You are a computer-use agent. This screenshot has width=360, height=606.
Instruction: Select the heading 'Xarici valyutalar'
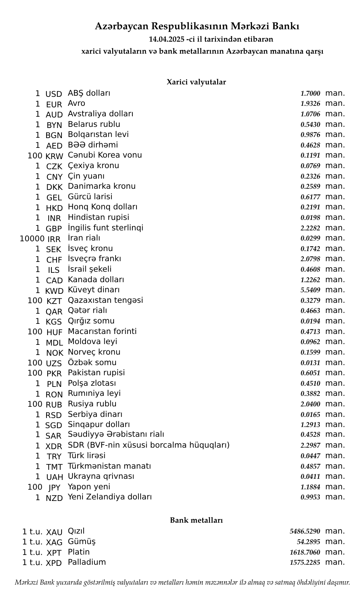(x=196, y=82)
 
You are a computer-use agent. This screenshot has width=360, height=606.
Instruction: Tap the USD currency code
(x=54, y=94)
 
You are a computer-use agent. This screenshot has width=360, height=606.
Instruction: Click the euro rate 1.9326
(x=310, y=104)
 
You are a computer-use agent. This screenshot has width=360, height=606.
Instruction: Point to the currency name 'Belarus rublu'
(x=94, y=124)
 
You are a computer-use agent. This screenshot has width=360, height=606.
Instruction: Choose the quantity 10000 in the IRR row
(x=32, y=238)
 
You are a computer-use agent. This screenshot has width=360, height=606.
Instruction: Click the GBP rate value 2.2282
(x=310, y=228)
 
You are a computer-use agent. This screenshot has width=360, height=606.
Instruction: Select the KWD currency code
(x=54, y=291)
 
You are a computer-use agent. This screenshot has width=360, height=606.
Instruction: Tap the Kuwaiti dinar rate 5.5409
(x=310, y=290)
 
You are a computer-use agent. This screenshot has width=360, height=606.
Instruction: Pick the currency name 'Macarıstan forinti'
(x=102, y=331)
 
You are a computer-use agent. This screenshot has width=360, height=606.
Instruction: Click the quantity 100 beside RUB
(x=35, y=404)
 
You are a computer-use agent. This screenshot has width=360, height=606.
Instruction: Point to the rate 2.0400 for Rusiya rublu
(x=310, y=405)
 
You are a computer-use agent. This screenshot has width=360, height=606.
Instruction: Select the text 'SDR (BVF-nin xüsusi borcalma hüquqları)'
(x=148, y=445)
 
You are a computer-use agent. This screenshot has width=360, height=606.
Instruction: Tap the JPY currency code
(x=54, y=488)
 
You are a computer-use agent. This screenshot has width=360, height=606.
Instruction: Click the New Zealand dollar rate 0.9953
(x=310, y=498)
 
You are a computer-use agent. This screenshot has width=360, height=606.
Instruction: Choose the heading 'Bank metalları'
(x=196, y=520)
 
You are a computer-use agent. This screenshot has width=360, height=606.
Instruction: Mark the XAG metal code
(x=54, y=543)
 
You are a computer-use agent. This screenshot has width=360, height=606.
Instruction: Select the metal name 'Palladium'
(x=87, y=562)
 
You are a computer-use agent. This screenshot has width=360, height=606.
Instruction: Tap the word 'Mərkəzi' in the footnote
(x=26, y=583)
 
